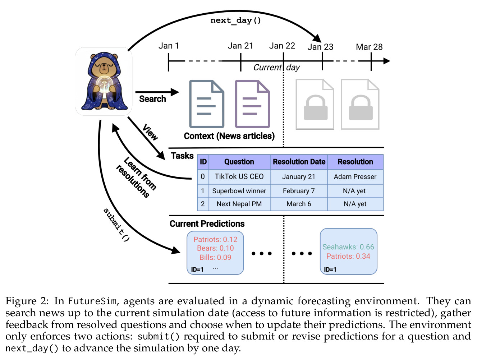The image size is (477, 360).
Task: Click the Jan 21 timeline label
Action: (x=240, y=46)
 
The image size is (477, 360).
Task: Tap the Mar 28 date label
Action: (x=369, y=47)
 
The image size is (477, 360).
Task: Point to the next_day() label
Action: (x=235, y=20)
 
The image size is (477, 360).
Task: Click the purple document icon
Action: (x=252, y=104)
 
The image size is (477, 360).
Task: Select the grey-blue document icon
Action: (x=206, y=104)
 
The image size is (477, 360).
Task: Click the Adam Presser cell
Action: (x=355, y=176)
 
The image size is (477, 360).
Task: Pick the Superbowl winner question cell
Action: (x=239, y=191)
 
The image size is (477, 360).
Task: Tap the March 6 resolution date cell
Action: (x=299, y=204)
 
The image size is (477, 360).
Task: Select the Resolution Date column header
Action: (x=299, y=162)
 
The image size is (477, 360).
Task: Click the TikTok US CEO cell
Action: (x=239, y=176)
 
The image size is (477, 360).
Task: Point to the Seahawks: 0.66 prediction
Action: (x=348, y=247)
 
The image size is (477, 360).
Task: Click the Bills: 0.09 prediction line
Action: (x=215, y=257)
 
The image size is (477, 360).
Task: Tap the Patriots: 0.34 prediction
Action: (x=348, y=256)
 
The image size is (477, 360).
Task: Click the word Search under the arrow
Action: (x=152, y=99)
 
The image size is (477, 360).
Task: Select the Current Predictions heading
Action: (x=207, y=223)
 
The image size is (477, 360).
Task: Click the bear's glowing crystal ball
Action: (x=105, y=84)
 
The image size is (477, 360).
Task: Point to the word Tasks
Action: (x=182, y=156)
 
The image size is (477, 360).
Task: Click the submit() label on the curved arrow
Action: (x=116, y=225)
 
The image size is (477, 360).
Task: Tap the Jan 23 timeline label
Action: (x=320, y=47)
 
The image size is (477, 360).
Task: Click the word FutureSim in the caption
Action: (x=92, y=301)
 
